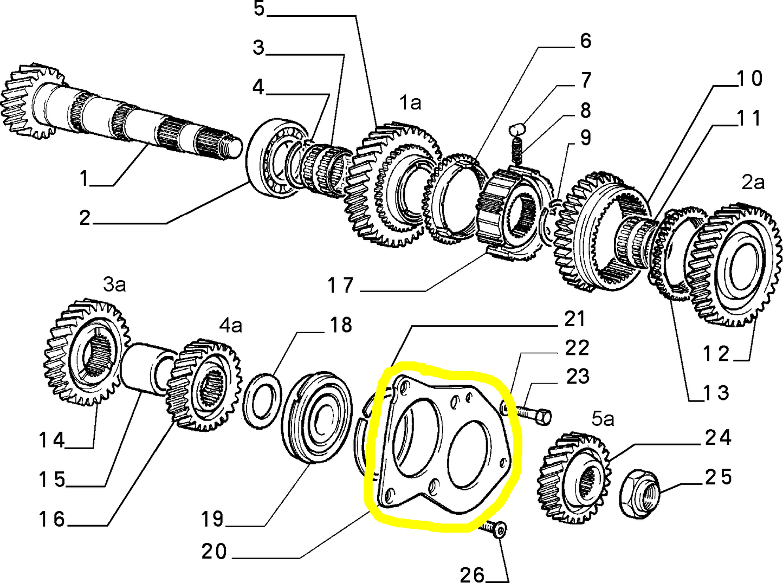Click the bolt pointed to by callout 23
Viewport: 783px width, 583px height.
point(534,415)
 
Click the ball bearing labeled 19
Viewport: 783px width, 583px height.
point(316,417)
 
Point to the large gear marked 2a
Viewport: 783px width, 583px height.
point(736,265)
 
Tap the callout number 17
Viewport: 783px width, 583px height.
point(340,286)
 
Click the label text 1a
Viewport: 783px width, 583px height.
point(410,102)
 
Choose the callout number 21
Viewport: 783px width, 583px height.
point(574,319)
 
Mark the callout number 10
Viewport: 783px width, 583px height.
point(749,79)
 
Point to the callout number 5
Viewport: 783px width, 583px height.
point(259,9)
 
